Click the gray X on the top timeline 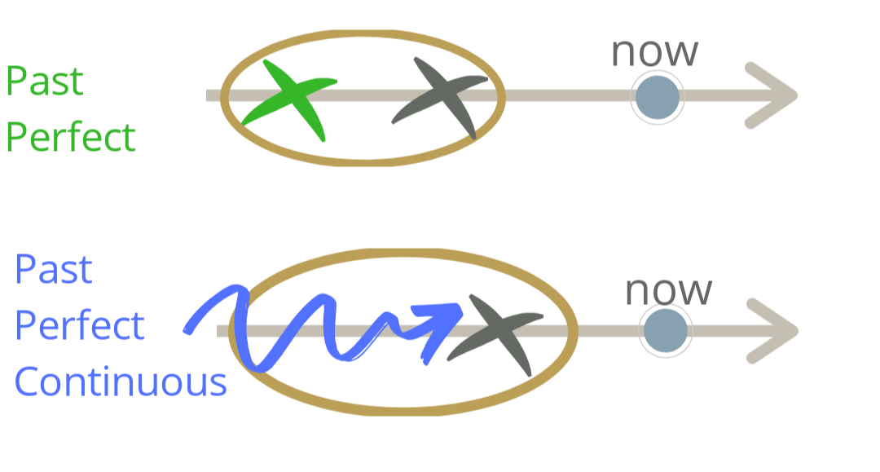point(441,96)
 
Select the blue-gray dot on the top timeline point(657,97)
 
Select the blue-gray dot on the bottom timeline point(665,331)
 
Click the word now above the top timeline point(654,52)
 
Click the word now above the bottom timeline point(668,291)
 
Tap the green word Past point(45,82)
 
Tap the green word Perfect point(70,137)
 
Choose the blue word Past point(54,270)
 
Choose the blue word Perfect point(79,325)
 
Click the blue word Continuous point(121,381)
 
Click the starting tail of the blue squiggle point(190,329)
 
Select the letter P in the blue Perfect point(25,325)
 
